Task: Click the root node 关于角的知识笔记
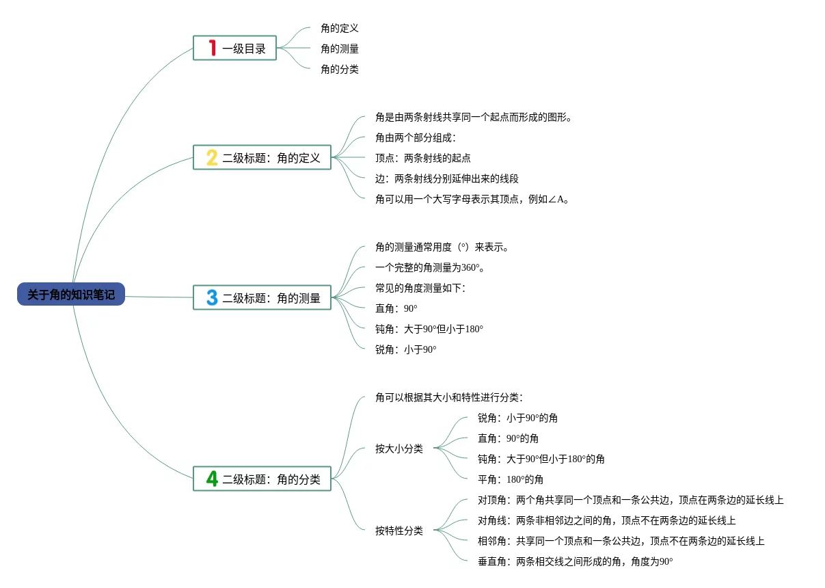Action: [71, 295]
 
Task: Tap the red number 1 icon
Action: [213, 48]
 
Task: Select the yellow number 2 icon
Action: [212, 158]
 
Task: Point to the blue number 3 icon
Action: [212, 297]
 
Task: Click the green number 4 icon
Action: [212, 479]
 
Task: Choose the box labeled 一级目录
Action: [234, 48]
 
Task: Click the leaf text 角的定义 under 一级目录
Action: [340, 28]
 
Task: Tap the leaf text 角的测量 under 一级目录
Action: [340, 49]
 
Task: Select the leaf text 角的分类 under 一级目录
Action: [340, 69]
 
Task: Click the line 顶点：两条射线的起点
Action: [423, 158]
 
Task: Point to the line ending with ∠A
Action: [472, 199]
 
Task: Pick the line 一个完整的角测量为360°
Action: [430, 267]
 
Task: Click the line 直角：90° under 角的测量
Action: [396, 308]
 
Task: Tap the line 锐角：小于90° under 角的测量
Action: [406, 349]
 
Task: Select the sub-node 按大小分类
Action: [399, 449]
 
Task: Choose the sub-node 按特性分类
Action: [399, 531]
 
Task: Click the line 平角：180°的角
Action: [511, 479]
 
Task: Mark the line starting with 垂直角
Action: [575, 561]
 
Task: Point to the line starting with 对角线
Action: [606, 520]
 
